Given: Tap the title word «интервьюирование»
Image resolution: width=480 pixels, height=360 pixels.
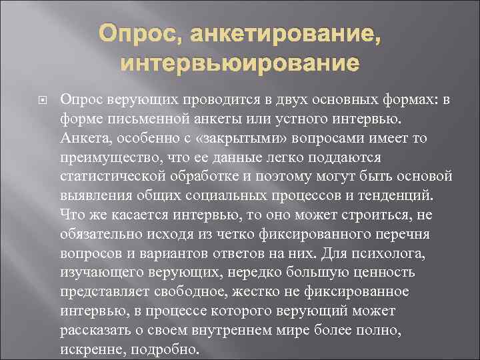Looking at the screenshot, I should tap(239, 65).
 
